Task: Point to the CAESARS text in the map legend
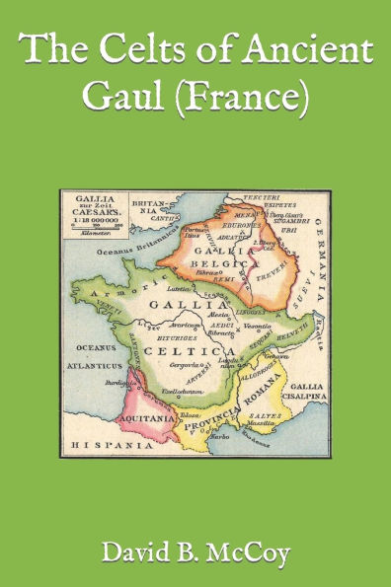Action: click(x=98, y=210)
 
